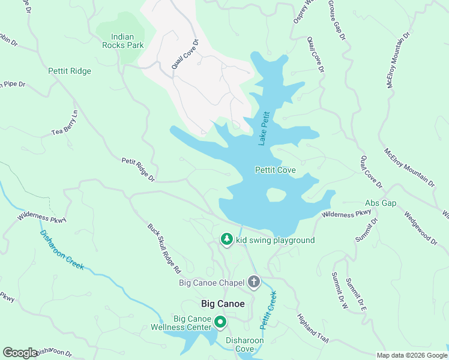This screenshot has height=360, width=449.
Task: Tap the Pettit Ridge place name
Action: coord(70,71)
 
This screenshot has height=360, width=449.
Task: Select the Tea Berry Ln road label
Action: coord(65,122)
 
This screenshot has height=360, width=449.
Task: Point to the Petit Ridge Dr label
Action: coord(138,170)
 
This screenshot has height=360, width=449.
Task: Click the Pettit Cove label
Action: coord(275,170)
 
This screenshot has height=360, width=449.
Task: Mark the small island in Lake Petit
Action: coord(276,195)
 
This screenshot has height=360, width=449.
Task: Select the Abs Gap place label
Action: coord(381,203)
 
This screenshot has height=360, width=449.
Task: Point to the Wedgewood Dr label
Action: coord(420,227)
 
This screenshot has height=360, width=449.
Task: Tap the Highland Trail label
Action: coord(313,328)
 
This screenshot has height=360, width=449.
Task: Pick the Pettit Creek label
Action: coord(268,310)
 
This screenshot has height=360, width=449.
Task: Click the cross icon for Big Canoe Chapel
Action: coord(254,282)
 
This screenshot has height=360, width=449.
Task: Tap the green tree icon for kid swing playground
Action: coord(226,240)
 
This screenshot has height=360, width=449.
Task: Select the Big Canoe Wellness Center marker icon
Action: coord(220,323)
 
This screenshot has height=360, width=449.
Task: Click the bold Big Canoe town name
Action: coord(223,304)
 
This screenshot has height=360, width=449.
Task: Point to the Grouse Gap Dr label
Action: coord(337,20)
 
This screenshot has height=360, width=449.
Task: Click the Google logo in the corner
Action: coord(20,353)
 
